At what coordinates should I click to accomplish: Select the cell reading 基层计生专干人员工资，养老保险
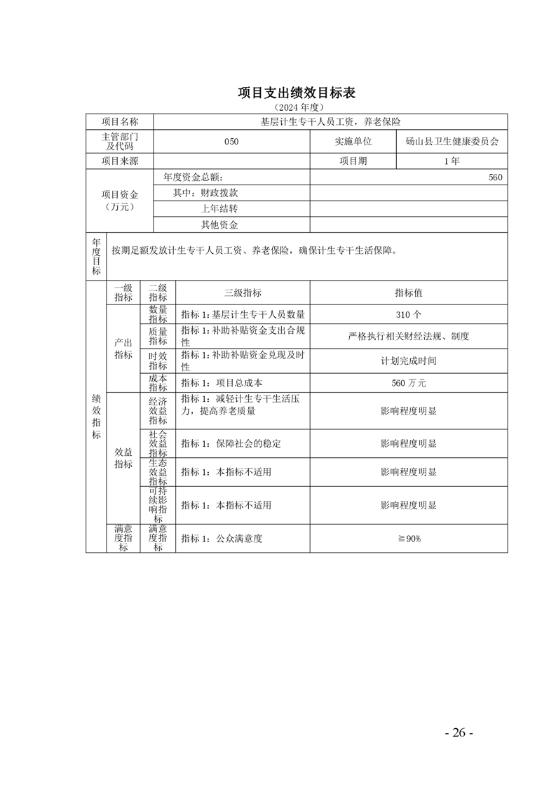pyautogui.click(x=330, y=122)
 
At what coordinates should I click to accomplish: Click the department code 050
pyautogui.click(x=231, y=141)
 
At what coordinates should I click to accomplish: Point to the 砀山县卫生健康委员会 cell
pyautogui.click(x=452, y=141)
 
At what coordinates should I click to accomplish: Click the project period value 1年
pyautogui.click(x=452, y=161)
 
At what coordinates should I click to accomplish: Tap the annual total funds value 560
pyautogui.click(x=495, y=177)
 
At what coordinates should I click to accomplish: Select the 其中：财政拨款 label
pyautogui.click(x=210, y=193)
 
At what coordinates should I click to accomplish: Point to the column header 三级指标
pyautogui.click(x=243, y=292)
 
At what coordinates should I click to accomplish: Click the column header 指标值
pyautogui.click(x=408, y=292)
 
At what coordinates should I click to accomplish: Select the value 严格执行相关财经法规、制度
pyautogui.click(x=408, y=336)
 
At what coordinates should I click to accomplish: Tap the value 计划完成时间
pyautogui.click(x=408, y=361)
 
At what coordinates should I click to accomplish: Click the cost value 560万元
pyautogui.click(x=408, y=383)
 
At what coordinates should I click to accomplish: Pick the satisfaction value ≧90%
pyautogui.click(x=408, y=538)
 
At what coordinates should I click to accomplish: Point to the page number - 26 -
pyautogui.click(x=459, y=732)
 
